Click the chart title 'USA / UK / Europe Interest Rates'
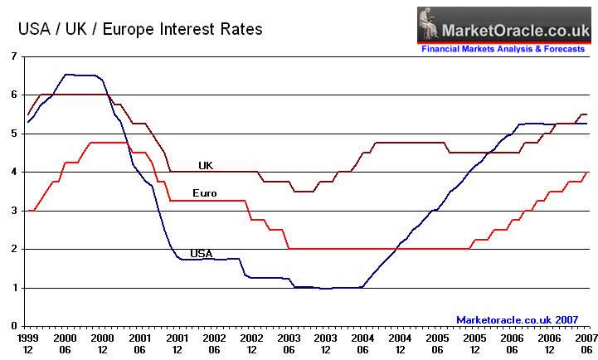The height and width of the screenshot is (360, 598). tap(140, 30)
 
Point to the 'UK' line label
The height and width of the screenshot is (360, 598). tap(206, 165)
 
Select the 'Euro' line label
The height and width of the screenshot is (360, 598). tap(204, 193)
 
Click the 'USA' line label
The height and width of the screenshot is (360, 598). tap(202, 253)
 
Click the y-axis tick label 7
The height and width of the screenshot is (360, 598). tap(13, 56)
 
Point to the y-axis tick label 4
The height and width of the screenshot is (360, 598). tap(13, 172)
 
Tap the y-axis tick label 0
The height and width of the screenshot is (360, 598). tap(13, 326)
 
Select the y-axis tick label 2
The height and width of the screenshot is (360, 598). tap(13, 249)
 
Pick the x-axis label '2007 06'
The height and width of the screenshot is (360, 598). tap(584, 344)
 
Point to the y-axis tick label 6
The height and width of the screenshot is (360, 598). tap(13, 95)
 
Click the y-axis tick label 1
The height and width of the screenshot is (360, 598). tap(13, 288)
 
